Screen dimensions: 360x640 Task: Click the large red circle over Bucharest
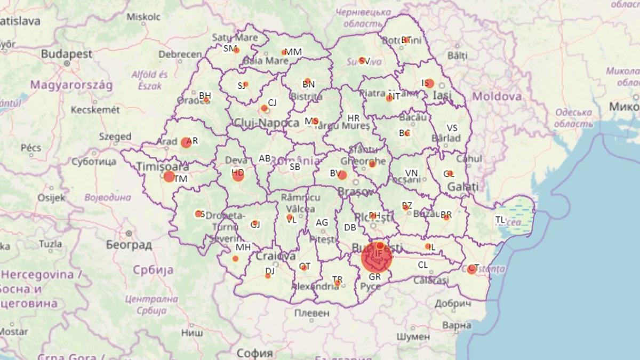pos(377,258)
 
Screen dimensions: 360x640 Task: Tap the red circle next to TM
pos(169,177)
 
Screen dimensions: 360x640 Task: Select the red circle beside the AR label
pos(186,142)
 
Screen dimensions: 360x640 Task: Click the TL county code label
pos(500,219)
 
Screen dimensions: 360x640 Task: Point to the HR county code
pos(354,118)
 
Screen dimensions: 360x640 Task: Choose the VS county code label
pos(452,128)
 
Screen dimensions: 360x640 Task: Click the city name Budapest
pos(67,54)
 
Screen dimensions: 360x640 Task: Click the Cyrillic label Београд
pos(129,245)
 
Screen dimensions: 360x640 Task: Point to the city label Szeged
pos(115,137)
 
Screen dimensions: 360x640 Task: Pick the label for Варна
pos(457,325)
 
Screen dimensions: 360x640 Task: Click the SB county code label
pos(295,167)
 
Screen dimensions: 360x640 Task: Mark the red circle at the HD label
pos(238,174)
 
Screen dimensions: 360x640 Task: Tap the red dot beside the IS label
pos(429,84)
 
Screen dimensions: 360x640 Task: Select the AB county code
pos(265,158)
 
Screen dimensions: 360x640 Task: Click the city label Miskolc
pos(143,17)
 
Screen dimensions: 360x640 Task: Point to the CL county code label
pos(423,265)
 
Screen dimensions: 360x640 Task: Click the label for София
pos(254,353)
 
